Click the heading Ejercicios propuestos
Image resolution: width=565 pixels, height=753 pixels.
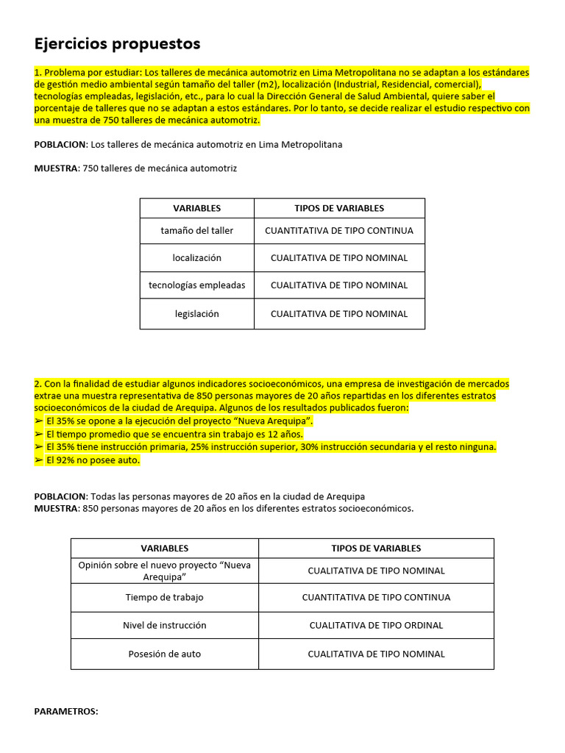pyautogui.click(x=117, y=44)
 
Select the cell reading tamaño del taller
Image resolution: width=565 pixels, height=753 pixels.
pyautogui.click(x=196, y=230)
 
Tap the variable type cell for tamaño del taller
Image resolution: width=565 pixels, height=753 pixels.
pyautogui.click(x=339, y=230)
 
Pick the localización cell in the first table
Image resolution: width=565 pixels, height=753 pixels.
pyautogui.click(x=196, y=258)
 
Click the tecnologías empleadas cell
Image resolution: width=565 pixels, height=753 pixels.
pyautogui.click(x=196, y=285)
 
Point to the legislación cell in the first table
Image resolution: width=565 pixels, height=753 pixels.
pyautogui.click(x=196, y=313)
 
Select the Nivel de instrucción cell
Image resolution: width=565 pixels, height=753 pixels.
pyautogui.click(x=165, y=625)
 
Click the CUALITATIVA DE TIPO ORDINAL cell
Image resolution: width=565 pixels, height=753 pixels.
pyautogui.click(x=376, y=625)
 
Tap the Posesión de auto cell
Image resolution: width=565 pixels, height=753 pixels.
pyautogui.click(x=165, y=654)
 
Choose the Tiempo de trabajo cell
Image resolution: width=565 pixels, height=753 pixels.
pyautogui.click(x=165, y=597)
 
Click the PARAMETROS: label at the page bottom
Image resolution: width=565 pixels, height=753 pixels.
pyautogui.click(x=66, y=712)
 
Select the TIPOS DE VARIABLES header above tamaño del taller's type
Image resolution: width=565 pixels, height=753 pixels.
pyautogui.click(x=339, y=208)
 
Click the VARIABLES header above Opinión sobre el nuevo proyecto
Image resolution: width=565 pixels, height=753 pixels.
pyautogui.click(x=165, y=548)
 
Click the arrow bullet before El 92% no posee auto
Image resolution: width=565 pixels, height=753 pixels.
pyautogui.click(x=39, y=460)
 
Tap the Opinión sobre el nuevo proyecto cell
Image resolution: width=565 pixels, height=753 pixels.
pyautogui.click(x=165, y=571)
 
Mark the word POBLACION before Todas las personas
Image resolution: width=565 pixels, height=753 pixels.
pyautogui.click(x=60, y=496)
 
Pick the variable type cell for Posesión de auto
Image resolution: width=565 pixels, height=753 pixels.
pyautogui.click(x=376, y=654)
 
